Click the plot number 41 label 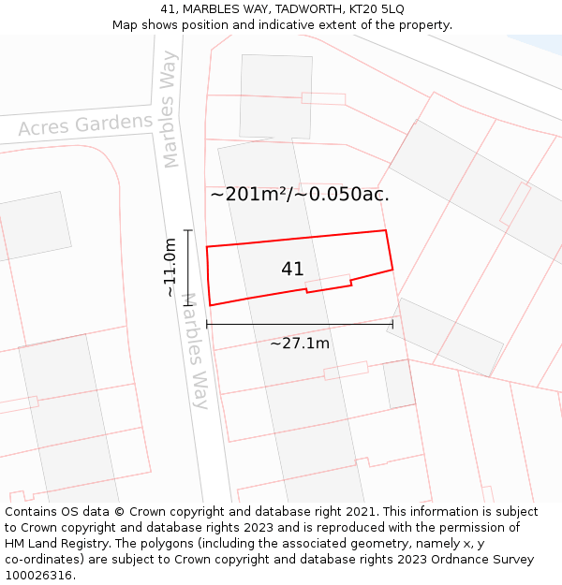[x=292, y=270]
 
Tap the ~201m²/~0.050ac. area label [x=300, y=195]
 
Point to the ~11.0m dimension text [x=170, y=268]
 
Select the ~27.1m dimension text [x=300, y=344]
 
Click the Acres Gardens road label [x=85, y=124]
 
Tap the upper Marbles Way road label [x=170, y=110]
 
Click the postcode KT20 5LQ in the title [x=374, y=9]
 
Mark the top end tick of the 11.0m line [x=188, y=230]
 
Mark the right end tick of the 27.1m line [x=392, y=324]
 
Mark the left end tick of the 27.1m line [x=207, y=324]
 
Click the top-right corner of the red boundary [x=385, y=230]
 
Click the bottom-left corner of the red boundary [x=210, y=305]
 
